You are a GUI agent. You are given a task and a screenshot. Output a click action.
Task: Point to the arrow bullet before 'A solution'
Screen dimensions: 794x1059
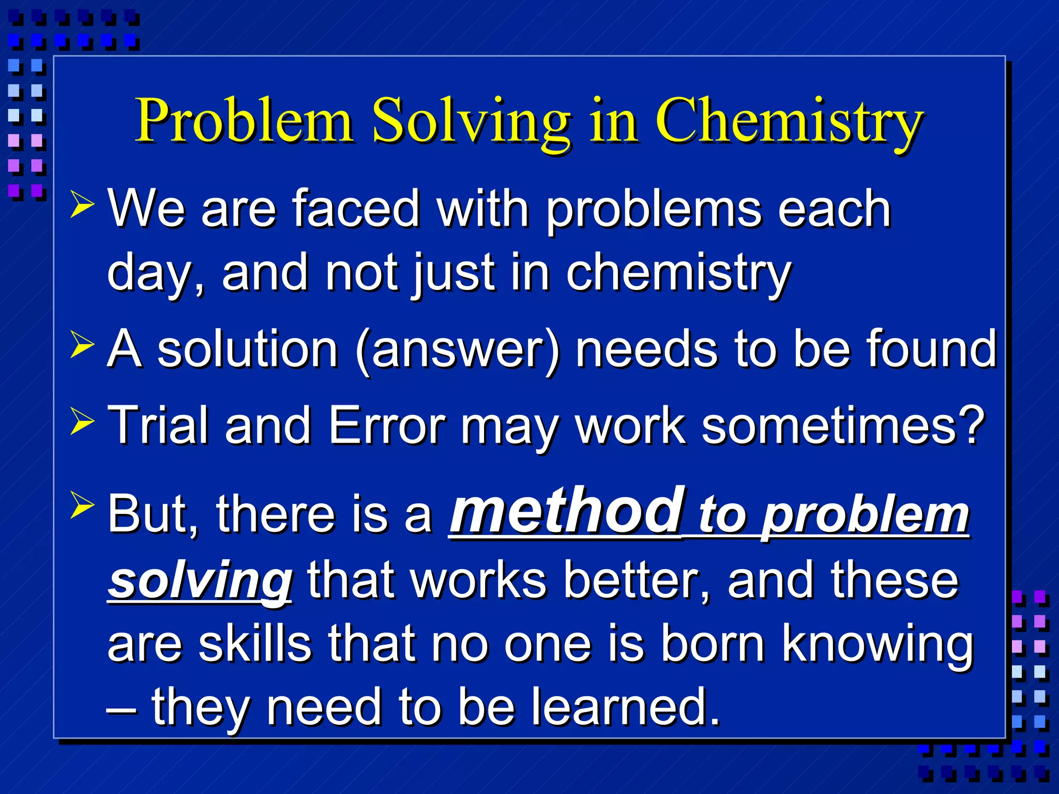tap(82, 345)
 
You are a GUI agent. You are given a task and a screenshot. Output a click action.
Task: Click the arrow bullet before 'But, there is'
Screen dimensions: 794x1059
tap(82, 505)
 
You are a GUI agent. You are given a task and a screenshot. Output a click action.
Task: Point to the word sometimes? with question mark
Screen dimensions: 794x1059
tap(842, 425)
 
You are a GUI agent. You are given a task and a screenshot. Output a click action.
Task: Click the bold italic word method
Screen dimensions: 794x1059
tap(567, 511)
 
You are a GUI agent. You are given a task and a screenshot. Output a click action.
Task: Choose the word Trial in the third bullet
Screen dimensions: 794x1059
tap(158, 425)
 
